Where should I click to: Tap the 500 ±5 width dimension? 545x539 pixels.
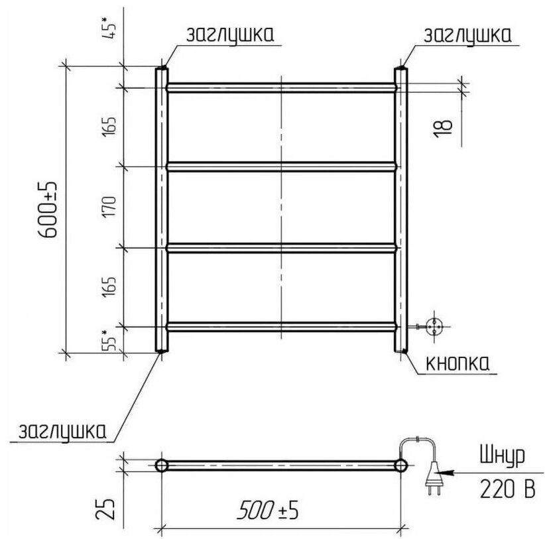(268, 510)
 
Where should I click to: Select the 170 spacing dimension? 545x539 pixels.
(109, 207)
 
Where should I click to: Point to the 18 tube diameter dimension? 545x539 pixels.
(443, 129)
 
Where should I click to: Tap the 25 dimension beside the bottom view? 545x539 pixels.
(105, 509)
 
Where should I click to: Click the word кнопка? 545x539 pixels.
(457, 363)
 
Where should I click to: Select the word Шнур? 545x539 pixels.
(503, 455)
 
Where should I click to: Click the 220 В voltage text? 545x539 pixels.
(507, 489)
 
